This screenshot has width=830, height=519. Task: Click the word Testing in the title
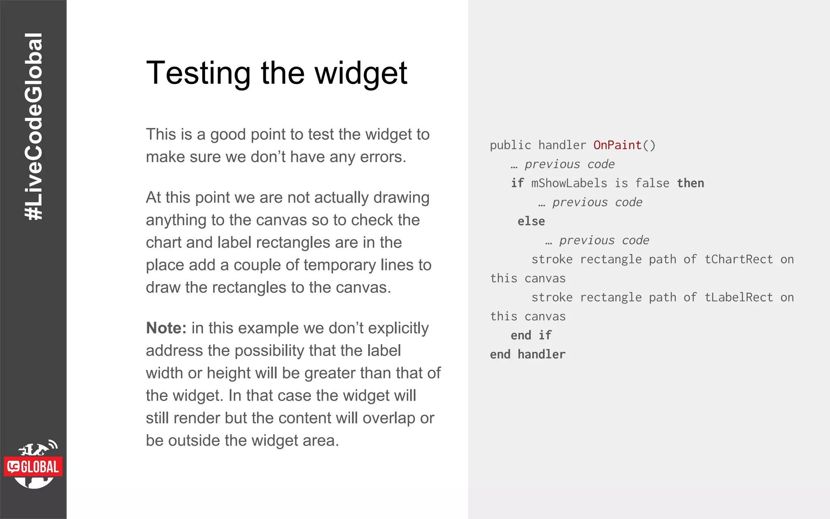198,73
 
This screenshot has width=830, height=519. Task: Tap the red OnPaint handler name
617,145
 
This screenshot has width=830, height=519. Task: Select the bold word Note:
166,328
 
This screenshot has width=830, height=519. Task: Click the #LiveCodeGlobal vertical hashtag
33,126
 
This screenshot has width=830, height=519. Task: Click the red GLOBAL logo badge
33,467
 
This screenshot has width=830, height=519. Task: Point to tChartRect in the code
738,259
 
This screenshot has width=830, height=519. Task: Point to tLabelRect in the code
738,298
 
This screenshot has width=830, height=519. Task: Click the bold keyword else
531,221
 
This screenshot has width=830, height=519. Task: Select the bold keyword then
690,183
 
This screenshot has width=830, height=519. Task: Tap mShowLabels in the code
569,183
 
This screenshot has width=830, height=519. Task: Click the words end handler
527,354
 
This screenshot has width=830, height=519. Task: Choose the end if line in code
531,335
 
